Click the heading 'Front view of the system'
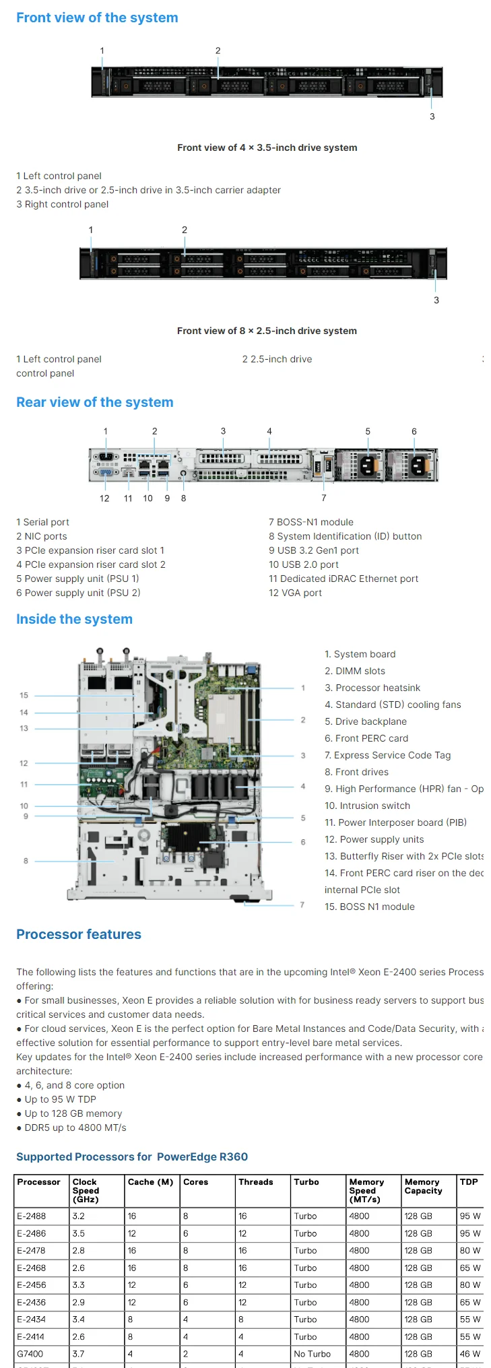[97, 18]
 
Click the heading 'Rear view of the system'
[94, 402]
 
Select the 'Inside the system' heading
[74, 619]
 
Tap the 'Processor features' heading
[79, 934]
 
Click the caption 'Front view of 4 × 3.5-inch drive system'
[267, 148]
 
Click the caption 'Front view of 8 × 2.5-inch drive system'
[267, 331]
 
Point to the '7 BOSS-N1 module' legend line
[310, 522]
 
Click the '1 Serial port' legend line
[42, 522]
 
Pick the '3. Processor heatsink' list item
[372, 688]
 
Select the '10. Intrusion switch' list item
[367, 806]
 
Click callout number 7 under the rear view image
[324, 498]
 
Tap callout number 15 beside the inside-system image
[24, 695]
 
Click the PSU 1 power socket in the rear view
[368, 465]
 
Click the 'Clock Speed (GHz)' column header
[86, 1190]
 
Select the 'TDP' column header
[469, 1182]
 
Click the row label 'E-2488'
[32, 1216]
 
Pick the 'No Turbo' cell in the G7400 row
[312, 1353]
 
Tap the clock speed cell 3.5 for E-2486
[79, 1233]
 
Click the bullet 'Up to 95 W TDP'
[60, 1099]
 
